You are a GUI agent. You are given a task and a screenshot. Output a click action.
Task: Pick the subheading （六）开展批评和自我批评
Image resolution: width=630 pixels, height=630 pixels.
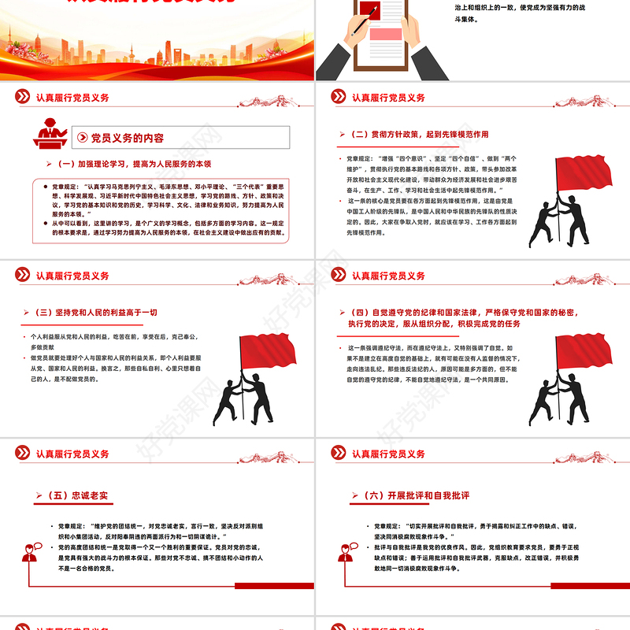[422, 495]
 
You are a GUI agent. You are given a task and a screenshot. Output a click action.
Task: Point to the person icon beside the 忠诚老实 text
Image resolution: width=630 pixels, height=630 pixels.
[31, 554]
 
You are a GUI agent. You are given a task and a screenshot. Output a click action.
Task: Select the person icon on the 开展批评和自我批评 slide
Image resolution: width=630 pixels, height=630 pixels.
[346, 554]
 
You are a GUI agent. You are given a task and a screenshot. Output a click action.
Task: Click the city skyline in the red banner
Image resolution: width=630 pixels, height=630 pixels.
[157, 47]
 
